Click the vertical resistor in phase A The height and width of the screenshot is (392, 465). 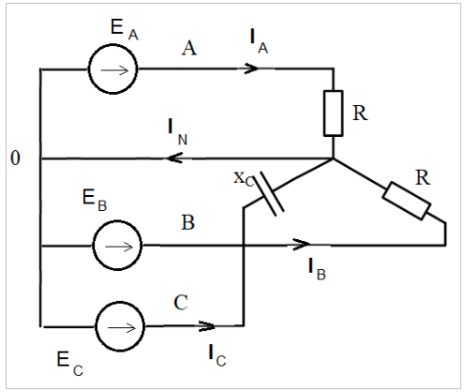(333, 113)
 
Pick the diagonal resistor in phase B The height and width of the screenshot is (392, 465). (407, 201)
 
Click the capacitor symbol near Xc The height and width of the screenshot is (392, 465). (269, 193)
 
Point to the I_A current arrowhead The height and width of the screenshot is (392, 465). (251, 68)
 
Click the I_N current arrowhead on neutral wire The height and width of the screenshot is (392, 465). (174, 158)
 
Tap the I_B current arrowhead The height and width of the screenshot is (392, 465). (302, 244)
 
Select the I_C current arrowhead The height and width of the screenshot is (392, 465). (207, 326)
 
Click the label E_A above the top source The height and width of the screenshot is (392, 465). (125, 29)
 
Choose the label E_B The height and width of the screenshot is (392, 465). (95, 201)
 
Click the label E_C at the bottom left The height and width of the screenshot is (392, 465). (70, 364)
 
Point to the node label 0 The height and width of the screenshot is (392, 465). (15, 158)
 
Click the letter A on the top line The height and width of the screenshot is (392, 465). (189, 49)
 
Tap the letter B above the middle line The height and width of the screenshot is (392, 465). (188, 222)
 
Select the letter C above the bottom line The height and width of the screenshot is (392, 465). (181, 302)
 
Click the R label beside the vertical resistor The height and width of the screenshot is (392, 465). (360, 113)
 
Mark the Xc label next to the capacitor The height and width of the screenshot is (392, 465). (244, 179)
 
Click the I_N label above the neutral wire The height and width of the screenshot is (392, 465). (177, 131)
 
